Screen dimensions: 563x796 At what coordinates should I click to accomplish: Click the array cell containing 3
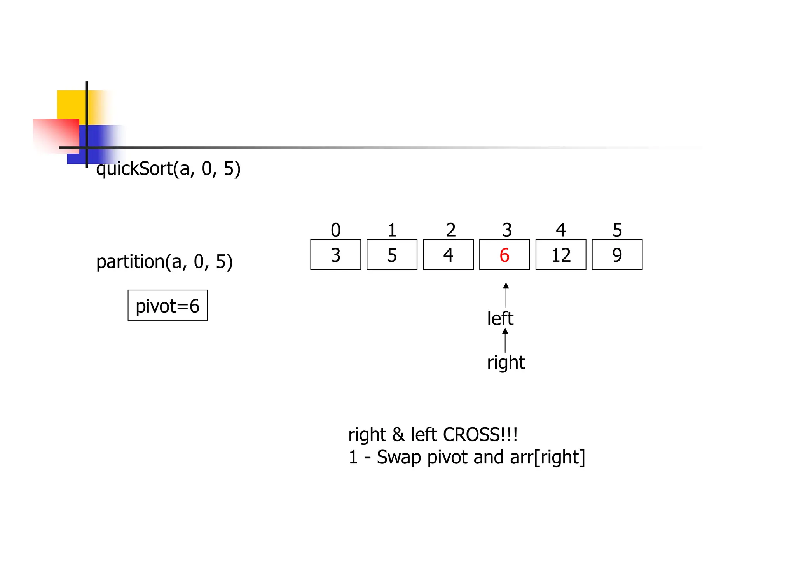pyautogui.click(x=335, y=255)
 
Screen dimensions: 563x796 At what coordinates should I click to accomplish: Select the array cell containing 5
pyautogui.click(x=392, y=255)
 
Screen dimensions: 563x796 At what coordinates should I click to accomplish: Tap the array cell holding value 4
pyautogui.click(x=448, y=255)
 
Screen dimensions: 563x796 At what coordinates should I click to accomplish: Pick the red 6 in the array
pyautogui.click(x=504, y=255)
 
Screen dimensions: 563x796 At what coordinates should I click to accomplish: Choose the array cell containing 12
pyautogui.click(x=561, y=255)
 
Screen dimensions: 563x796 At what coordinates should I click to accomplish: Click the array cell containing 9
pyautogui.click(x=617, y=255)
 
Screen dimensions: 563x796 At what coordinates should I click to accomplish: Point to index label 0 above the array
pyautogui.click(x=335, y=230)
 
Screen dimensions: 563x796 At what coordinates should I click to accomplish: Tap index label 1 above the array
pyautogui.click(x=392, y=230)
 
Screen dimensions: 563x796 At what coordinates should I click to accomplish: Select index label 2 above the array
pyautogui.click(x=450, y=230)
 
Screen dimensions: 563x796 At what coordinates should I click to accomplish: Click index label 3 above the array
pyautogui.click(x=507, y=230)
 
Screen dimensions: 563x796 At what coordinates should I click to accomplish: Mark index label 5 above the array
pyautogui.click(x=617, y=230)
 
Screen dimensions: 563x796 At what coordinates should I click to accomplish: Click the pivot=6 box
pyautogui.click(x=168, y=306)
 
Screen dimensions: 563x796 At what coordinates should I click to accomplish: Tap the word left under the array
pyautogui.click(x=500, y=319)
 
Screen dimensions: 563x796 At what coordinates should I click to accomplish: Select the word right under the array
pyautogui.click(x=506, y=362)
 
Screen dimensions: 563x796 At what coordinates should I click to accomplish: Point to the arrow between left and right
pyautogui.click(x=505, y=340)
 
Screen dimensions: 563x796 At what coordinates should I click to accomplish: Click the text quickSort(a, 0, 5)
pyautogui.click(x=168, y=169)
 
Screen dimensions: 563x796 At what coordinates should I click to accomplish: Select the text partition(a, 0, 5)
pyautogui.click(x=164, y=262)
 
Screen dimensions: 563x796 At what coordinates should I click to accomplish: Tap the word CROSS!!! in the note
pyautogui.click(x=480, y=435)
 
